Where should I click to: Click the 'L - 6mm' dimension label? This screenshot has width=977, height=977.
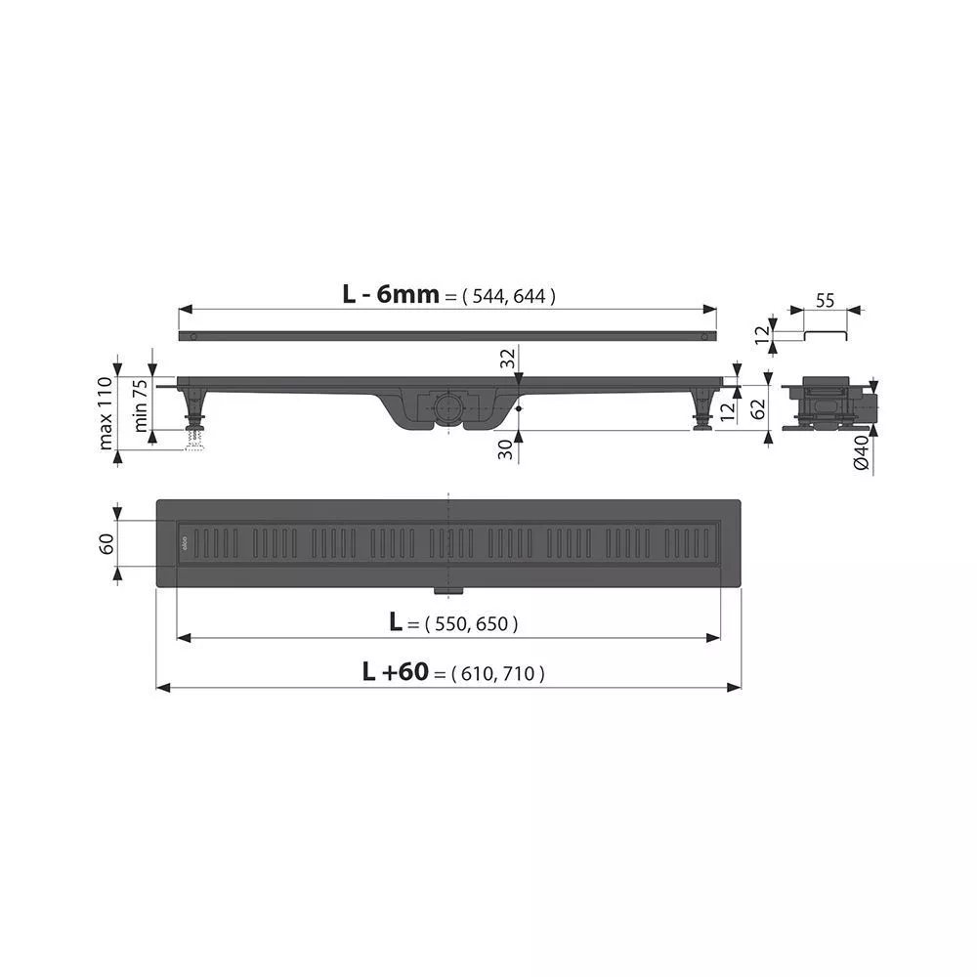[x=391, y=293]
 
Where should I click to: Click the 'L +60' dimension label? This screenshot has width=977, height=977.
[x=396, y=672]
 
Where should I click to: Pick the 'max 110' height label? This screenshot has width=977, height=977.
[x=106, y=412]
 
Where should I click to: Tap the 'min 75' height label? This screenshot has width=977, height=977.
[x=141, y=405]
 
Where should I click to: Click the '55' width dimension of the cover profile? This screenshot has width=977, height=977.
[x=825, y=301]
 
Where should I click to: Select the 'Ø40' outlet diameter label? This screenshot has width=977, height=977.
[x=861, y=453]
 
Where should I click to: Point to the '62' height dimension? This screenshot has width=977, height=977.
[x=758, y=408]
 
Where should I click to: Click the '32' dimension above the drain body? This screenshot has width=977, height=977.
[x=508, y=359]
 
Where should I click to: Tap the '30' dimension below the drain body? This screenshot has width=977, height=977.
[x=506, y=449]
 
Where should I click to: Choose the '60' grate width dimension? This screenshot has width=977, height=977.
[x=106, y=544]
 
